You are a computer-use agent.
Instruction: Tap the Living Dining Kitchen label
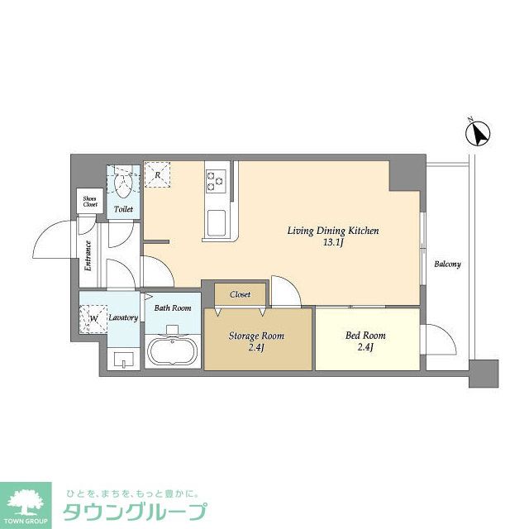tap(332, 236)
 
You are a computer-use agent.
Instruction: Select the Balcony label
tap(447, 264)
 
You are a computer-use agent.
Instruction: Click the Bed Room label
tap(365, 340)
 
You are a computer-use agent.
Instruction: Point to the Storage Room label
tap(256, 341)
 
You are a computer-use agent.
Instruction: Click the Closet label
tap(241, 293)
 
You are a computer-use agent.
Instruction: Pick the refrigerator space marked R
tap(156, 174)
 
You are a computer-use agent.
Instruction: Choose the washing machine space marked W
tap(93, 318)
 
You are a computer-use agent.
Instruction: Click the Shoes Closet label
tap(89, 202)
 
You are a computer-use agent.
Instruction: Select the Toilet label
tap(123, 210)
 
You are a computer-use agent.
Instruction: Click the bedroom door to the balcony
tap(436, 339)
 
